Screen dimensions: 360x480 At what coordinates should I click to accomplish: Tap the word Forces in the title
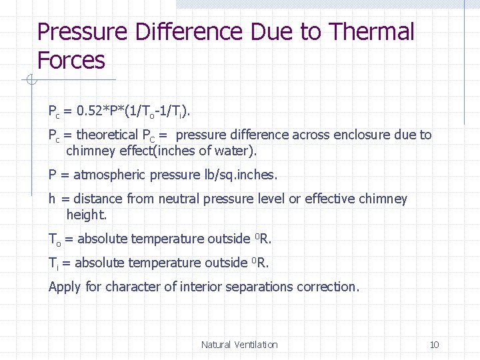[x=71, y=61]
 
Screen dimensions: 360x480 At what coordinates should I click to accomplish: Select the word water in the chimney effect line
[x=234, y=151]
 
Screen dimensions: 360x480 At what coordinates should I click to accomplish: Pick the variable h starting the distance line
[x=52, y=199]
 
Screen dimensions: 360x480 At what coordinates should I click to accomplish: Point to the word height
[x=85, y=215]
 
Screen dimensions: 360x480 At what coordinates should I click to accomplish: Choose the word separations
[x=258, y=287]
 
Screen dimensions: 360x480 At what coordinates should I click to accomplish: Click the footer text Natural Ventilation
[x=239, y=345]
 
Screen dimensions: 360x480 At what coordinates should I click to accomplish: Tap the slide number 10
[x=434, y=345]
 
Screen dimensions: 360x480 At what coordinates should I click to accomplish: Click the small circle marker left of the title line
[x=30, y=81]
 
